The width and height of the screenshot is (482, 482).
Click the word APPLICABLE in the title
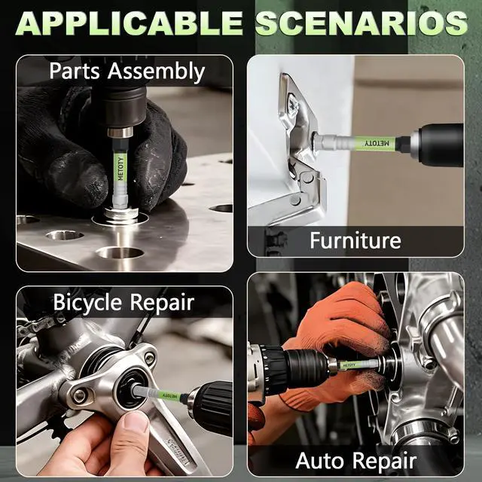[x=129, y=23]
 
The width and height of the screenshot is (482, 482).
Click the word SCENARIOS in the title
[x=361, y=23]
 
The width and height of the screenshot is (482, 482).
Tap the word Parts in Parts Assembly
[x=75, y=71]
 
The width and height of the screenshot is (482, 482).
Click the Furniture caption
[x=355, y=240]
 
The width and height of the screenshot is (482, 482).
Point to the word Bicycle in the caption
[x=87, y=303]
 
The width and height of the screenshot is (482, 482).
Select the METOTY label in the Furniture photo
[x=377, y=143]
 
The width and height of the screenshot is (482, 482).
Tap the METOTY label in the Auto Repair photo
[x=349, y=365]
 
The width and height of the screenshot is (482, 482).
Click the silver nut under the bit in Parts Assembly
[x=120, y=214]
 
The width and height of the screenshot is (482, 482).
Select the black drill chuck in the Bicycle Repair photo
[x=211, y=408]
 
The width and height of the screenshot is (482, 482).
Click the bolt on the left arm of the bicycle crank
[x=79, y=395]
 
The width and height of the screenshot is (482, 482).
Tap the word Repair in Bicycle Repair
[x=162, y=304]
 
